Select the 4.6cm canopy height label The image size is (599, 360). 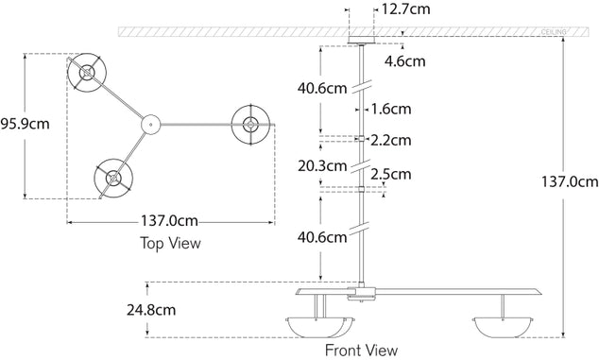click(x=404, y=62)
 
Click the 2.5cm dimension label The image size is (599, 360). click(x=391, y=173)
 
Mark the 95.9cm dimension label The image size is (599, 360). click(x=25, y=124)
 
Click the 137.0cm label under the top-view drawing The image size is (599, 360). click(x=170, y=222)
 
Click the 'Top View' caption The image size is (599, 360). click(x=170, y=243)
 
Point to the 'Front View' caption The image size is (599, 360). click(x=361, y=350)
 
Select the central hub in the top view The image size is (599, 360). click(x=150, y=123)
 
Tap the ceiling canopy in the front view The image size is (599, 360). click(x=362, y=39)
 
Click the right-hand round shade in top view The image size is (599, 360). click(x=251, y=124)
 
